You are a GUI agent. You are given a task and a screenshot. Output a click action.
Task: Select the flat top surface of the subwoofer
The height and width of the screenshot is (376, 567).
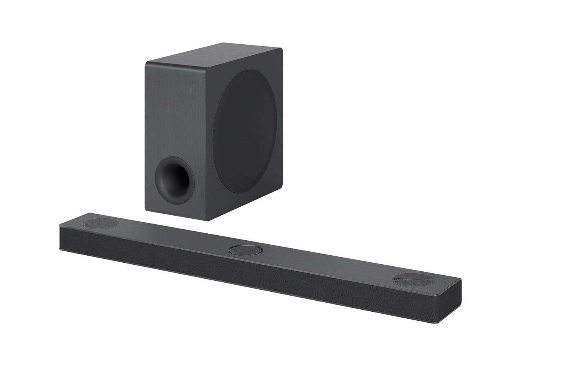coord(214,54)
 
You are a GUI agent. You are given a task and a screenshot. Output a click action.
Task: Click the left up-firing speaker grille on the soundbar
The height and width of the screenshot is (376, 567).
coord(101,223)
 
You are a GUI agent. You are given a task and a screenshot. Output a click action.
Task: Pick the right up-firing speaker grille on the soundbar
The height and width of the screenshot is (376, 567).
coord(416,280)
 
